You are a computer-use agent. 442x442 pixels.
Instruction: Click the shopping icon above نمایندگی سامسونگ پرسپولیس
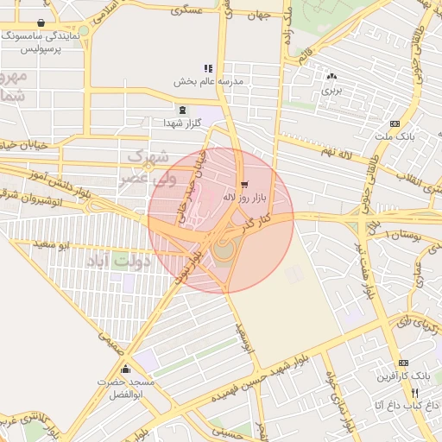[x=41, y=23]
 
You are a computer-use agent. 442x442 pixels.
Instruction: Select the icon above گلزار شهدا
[x=181, y=110]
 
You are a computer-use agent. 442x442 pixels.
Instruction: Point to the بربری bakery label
[x=332, y=89]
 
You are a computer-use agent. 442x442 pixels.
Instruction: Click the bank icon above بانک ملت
[x=395, y=123]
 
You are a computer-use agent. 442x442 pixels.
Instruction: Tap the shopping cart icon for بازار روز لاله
[x=246, y=184]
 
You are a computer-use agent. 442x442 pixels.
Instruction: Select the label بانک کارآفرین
[x=402, y=376]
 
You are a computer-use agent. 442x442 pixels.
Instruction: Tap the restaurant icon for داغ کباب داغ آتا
[x=415, y=393]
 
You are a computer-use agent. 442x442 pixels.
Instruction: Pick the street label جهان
[x=257, y=15]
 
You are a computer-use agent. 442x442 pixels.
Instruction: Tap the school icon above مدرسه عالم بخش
[x=208, y=67]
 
